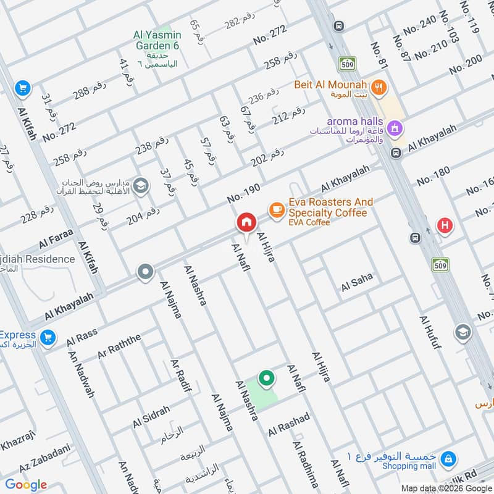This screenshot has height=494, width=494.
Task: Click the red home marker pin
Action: [x=246, y=223]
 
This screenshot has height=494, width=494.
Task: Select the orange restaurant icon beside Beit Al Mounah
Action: [x=379, y=86]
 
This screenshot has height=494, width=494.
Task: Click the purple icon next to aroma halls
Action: [x=396, y=128]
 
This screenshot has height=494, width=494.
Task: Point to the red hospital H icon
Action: [x=444, y=225]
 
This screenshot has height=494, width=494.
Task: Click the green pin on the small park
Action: [x=266, y=378]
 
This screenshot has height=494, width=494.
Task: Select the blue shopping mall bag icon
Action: [x=450, y=459]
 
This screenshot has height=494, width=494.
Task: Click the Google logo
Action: [x=26, y=484]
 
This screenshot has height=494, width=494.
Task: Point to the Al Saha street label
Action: [x=357, y=282]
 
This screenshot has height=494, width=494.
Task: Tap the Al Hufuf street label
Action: [x=430, y=332]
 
